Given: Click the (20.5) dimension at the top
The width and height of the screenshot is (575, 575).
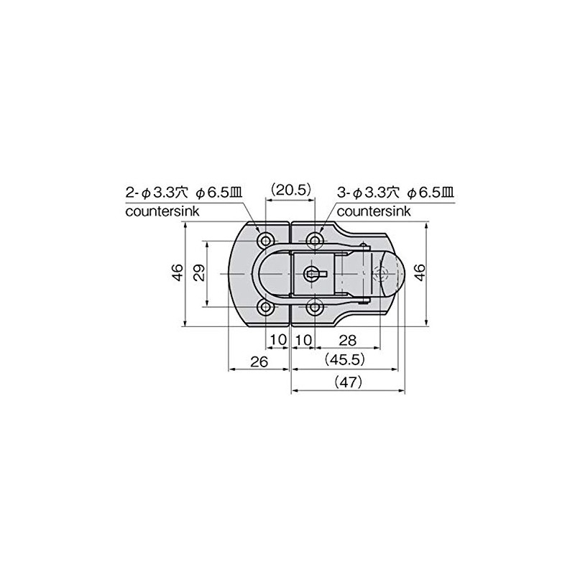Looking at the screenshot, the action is [x=290, y=190].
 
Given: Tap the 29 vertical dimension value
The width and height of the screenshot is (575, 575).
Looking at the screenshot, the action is [x=199, y=272].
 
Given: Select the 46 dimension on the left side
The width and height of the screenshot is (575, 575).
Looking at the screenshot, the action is [x=178, y=272].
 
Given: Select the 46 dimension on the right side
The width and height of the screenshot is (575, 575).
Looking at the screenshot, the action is [x=420, y=272].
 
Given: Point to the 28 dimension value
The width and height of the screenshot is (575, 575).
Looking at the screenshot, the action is [x=347, y=340].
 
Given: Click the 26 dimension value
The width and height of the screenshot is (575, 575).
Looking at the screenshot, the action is [x=259, y=362].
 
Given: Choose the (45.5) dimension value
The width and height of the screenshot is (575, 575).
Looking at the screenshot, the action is [x=345, y=360].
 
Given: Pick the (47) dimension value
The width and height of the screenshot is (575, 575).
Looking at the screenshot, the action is [x=348, y=382].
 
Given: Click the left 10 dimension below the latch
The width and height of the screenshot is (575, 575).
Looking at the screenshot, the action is [x=278, y=340].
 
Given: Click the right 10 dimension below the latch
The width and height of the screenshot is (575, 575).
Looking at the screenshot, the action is [x=303, y=340].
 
